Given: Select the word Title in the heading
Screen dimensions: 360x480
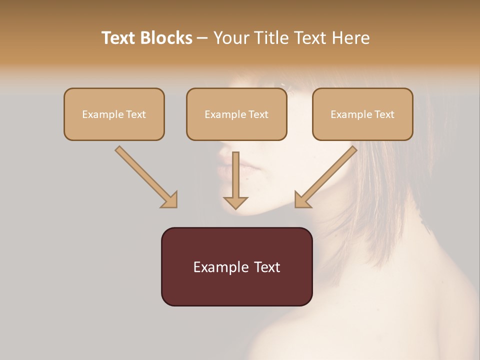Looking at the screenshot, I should click(272, 38).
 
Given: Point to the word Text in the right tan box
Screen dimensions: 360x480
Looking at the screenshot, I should click(384, 114).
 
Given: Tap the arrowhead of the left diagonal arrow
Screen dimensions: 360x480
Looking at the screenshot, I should click(170, 200).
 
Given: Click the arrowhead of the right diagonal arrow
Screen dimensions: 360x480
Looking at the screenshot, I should click(302, 200).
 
